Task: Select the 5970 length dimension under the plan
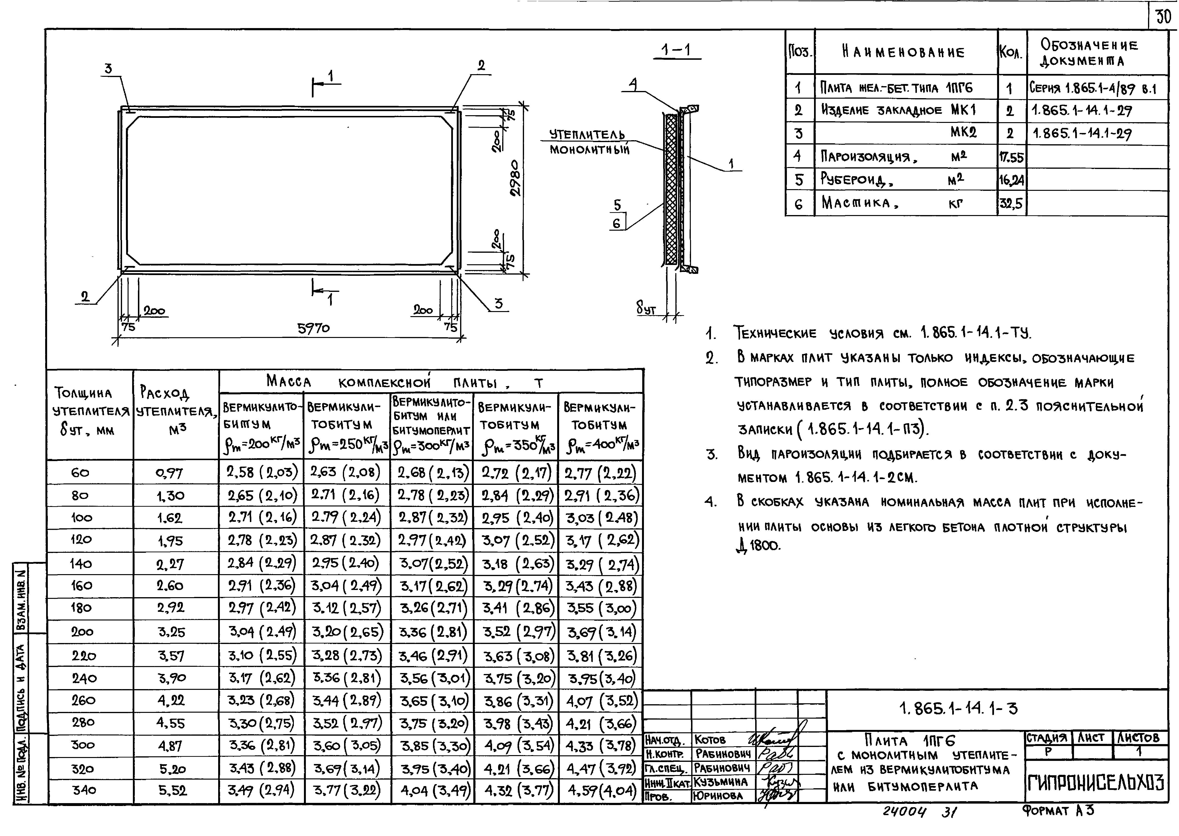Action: (x=313, y=328)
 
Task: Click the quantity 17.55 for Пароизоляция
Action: (x=1011, y=157)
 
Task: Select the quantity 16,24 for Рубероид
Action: (x=1011, y=180)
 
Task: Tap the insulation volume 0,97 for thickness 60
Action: (x=170, y=473)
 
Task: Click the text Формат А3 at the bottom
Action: (x=1057, y=811)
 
